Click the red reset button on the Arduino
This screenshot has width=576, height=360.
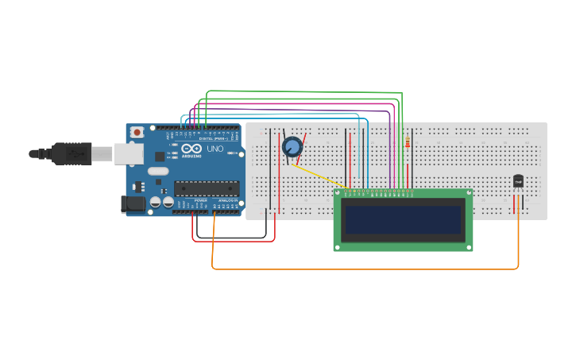(x=137, y=132)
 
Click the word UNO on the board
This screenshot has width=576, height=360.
(x=215, y=149)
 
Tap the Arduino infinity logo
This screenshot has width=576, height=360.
(x=191, y=148)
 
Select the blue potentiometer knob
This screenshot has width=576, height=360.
(x=292, y=147)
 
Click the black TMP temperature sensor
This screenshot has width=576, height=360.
(x=518, y=181)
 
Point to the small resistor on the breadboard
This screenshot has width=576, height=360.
(x=408, y=142)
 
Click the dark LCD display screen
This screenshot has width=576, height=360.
(x=403, y=219)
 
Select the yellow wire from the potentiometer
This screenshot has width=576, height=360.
(x=322, y=177)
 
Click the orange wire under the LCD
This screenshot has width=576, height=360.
(x=365, y=269)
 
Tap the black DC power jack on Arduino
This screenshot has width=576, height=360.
(x=133, y=204)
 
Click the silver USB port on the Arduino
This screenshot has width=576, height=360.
(x=128, y=153)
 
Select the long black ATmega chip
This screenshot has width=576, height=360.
(x=207, y=188)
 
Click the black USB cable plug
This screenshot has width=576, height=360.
(x=72, y=153)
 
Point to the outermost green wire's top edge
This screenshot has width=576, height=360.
(x=302, y=92)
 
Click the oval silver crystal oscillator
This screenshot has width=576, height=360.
(x=158, y=171)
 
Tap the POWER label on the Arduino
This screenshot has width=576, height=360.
(x=200, y=200)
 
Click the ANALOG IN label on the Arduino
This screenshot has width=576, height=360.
(x=226, y=200)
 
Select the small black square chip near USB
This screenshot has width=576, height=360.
(x=160, y=157)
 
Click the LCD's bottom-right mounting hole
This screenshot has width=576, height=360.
(x=469, y=247)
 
